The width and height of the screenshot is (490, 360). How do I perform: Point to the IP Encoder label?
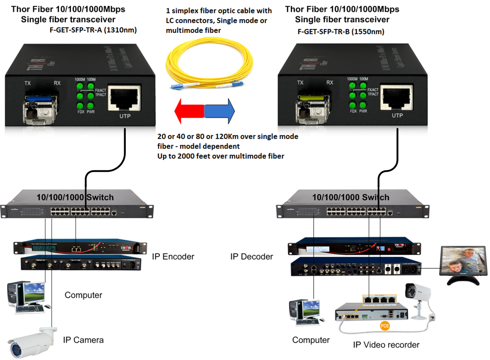click(x=173, y=257)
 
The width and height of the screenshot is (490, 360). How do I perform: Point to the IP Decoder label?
click(x=251, y=257)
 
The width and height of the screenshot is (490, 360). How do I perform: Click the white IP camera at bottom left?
click(x=32, y=342)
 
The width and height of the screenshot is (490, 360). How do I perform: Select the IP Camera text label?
click(x=83, y=340)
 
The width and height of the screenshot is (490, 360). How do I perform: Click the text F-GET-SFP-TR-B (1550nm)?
click(x=341, y=32)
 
